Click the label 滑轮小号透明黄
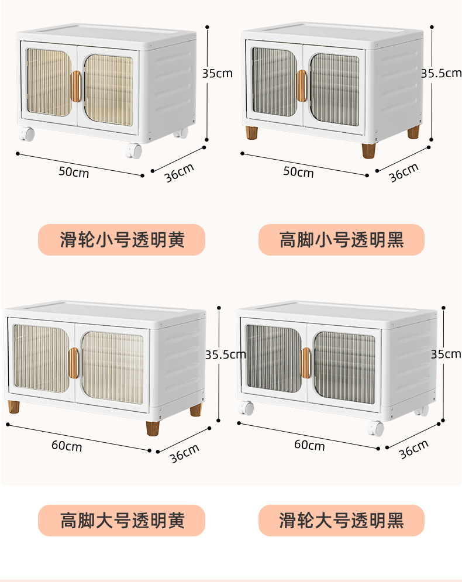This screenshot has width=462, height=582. click(122, 240)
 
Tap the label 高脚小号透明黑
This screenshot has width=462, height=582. click(342, 240)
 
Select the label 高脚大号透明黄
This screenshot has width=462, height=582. click(122, 520)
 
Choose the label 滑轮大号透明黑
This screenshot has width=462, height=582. click(342, 520)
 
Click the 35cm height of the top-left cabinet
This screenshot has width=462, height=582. click(217, 74)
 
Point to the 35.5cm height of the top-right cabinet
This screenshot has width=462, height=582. click(442, 74)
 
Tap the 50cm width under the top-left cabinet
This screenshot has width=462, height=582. click(74, 171)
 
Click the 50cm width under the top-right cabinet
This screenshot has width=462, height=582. click(298, 172)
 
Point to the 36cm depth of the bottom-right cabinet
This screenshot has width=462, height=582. click(413, 449)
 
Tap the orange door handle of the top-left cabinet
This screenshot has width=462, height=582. click(76, 86)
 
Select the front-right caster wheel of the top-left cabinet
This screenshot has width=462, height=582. click(134, 151)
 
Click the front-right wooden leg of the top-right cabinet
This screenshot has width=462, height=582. click(368, 150)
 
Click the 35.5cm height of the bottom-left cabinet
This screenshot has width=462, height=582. click(225, 354)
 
